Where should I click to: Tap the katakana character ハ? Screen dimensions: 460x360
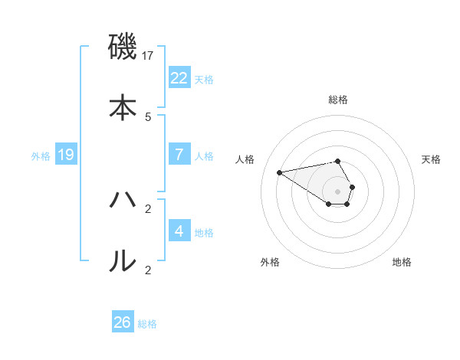tap(123, 201)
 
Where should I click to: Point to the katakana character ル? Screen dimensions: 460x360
tap(123, 261)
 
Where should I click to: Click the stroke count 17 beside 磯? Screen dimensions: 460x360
tap(149, 56)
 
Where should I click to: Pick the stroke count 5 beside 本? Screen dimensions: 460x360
tap(148, 116)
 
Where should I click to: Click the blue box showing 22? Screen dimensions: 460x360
tap(179, 78)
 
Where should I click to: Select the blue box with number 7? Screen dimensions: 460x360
tap(179, 155)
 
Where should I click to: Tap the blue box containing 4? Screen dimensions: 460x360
tap(179, 231)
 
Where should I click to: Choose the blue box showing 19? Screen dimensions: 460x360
tap(66, 155)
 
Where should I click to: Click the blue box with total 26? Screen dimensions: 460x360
tap(123, 322)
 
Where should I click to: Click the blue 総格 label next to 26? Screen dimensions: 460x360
tap(147, 324)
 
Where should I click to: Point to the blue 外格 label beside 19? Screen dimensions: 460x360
tap(41, 156)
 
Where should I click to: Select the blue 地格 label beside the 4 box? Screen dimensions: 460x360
tap(204, 232)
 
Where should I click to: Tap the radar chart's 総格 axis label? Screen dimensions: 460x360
tap(338, 100)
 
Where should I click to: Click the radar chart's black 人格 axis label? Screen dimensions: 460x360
tap(245, 159)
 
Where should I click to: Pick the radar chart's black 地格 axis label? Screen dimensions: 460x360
tap(402, 262)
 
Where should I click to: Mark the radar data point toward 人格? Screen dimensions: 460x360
tap(280, 172)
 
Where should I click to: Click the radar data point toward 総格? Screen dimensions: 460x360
tap(338, 161)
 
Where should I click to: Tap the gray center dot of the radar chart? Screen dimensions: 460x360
tap(338, 191)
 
